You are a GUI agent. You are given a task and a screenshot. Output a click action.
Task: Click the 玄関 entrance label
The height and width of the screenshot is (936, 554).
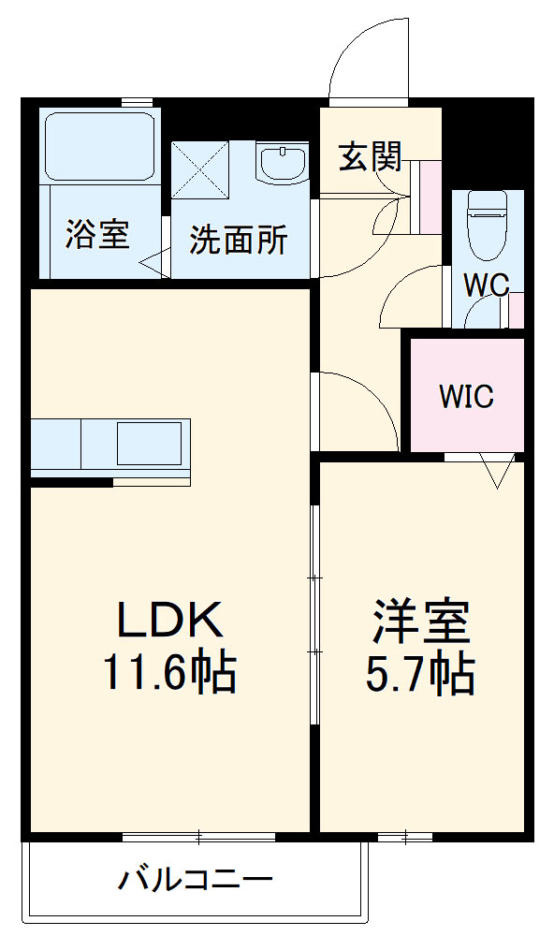(370, 157)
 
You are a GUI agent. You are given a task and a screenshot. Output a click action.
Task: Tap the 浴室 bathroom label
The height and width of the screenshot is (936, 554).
(96, 234)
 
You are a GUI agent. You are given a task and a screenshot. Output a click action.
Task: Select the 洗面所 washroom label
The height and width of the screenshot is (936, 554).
(239, 241)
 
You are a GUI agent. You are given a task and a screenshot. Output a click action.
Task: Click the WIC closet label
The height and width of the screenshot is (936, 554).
(466, 396)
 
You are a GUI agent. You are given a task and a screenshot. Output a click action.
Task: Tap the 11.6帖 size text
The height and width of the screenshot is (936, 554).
(168, 672)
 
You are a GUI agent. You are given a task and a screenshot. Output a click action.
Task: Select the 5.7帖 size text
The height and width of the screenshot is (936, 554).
(420, 672)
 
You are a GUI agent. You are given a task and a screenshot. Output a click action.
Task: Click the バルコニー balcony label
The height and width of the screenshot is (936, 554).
(196, 879)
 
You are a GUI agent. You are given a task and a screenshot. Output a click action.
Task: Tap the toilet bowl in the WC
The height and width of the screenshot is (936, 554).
(486, 225)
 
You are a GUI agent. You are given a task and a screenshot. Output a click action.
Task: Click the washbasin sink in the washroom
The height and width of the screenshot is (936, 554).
(282, 166)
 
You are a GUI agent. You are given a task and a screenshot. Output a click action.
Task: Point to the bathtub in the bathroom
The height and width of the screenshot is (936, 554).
(99, 146)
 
